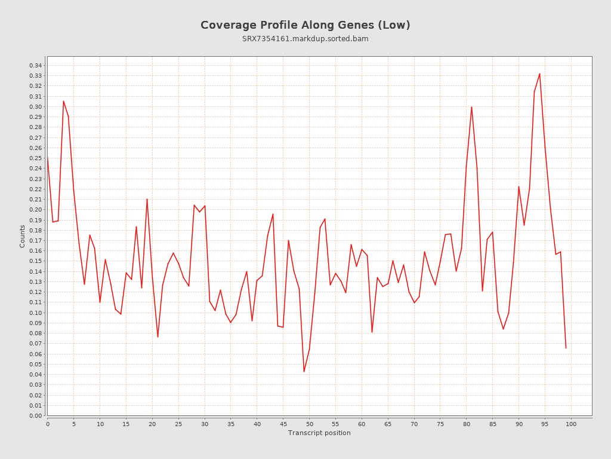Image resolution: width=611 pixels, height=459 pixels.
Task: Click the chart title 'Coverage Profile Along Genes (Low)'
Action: (x=305, y=25)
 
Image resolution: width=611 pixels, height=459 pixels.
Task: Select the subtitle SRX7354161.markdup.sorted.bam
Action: (x=305, y=39)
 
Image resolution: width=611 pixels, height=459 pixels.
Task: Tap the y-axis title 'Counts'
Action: (x=23, y=236)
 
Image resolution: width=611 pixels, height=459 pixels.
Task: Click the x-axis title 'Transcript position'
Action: (x=319, y=433)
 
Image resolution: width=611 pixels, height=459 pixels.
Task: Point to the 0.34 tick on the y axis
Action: (x=35, y=65)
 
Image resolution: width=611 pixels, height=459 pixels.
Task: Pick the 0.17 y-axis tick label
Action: (x=35, y=240)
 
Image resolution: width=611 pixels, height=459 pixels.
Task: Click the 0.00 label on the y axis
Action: (x=35, y=415)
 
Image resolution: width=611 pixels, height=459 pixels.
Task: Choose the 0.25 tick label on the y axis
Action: (x=35, y=158)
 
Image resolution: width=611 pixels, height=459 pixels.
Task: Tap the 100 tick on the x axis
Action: (x=571, y=424)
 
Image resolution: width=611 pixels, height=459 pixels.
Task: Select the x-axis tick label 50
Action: (x=309, y=424)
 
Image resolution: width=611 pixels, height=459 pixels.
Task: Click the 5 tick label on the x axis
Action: (x=74, y=424)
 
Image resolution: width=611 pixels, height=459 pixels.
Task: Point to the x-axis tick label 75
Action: (x=440, y=424)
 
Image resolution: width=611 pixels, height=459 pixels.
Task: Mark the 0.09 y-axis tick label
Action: (x=35, y=323)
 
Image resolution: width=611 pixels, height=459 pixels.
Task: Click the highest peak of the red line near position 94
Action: (x=539, y=74)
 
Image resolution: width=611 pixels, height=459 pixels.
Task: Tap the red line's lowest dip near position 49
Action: (x=304, y=372)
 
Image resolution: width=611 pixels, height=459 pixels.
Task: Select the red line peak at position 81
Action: (x=471, y=107)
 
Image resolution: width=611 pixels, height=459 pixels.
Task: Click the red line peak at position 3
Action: (x=63, y=101)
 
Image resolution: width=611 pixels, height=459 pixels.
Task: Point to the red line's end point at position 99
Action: (x=566, y=348)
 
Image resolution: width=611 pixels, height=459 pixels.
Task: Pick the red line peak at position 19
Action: (x=147, y=199)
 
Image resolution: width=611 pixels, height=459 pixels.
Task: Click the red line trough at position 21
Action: (x=158, y=337)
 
